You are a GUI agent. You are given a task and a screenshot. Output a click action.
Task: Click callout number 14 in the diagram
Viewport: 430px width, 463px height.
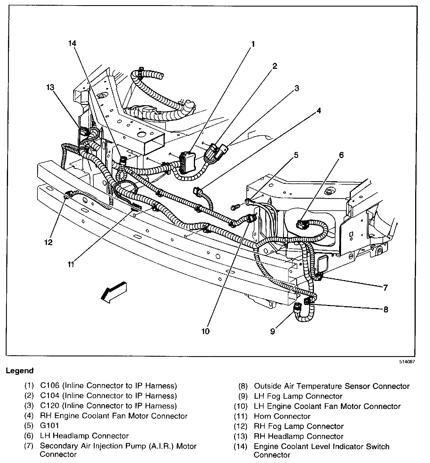pyautogui.click(x=72, y=43)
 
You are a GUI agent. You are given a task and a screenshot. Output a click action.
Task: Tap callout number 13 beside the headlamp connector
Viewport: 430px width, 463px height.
pyautogui.click(x=50, y=87)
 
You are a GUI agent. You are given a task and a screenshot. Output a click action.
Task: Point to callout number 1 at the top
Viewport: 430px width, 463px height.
pyautogui.click(x=253, y=44)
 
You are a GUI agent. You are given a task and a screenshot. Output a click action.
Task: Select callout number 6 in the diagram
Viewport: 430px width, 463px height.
pyautogui.click(x=341, y=155)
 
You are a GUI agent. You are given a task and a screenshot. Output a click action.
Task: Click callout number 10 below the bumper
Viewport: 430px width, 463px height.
pyautogui.click(x=205, y=331)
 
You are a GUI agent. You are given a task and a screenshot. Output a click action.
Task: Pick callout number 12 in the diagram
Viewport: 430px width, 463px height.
pyautogui.click(x=48, y=242)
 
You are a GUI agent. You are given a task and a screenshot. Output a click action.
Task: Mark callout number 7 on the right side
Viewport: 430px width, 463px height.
pyautogui.click(x=385, y=288)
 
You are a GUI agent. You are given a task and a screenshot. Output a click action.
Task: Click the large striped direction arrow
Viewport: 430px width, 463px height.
pyautogui.click(x=114, y=291)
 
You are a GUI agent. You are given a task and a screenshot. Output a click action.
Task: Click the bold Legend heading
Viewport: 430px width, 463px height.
pyautogui.click(x=20, y=371)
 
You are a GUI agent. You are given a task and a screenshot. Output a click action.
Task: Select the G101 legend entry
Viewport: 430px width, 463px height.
pyautogui.click(x=49, y=426)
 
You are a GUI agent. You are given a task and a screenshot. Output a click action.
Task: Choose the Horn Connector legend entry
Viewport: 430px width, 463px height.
pyautogui.click(x=282, y=416)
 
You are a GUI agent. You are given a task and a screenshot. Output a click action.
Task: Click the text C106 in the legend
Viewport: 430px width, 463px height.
pyautogui.click(x=49, y=386)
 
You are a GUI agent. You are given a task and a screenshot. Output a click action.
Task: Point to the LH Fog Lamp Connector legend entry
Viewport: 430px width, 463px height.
pyautogui.click(x=298, y=396)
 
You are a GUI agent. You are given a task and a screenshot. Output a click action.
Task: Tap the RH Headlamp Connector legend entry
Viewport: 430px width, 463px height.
pyautogui.click(x=298, y=436)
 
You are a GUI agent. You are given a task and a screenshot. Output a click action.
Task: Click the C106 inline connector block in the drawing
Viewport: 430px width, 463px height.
pyautogui.click(x=188, y=163)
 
